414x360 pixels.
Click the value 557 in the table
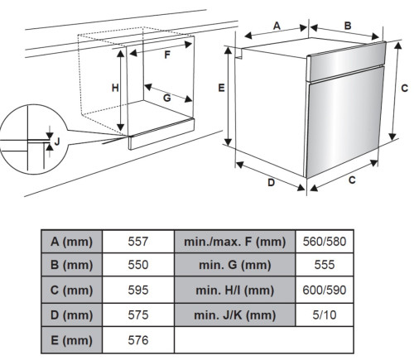138,242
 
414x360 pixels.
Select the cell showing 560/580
325,242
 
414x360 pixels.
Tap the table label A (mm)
71,242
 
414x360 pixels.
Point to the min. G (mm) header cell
235,265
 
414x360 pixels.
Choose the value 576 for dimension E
138,340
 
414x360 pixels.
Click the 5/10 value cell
325,314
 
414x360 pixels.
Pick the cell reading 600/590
325,290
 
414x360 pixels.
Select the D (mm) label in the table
71,315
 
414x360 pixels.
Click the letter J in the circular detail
57,142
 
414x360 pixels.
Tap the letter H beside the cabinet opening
115,88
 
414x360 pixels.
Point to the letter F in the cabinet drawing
167,55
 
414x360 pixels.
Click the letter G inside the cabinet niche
167,98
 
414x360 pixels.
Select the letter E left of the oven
221,88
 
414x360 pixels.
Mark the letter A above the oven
277,26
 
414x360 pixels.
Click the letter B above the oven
348,26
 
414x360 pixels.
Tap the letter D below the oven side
272,182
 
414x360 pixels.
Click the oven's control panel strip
346,61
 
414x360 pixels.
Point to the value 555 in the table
325,265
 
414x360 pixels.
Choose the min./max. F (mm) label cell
235,242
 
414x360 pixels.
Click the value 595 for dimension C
138,290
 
